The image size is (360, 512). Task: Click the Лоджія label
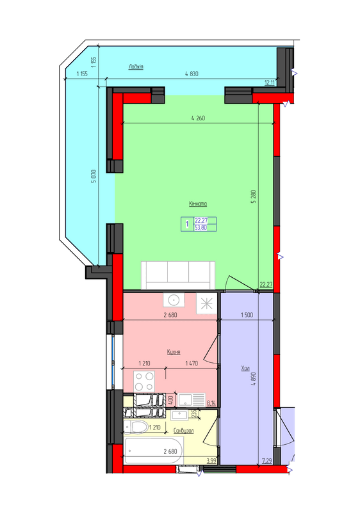[x=135, y=67]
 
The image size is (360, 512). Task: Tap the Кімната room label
[x=197, y=204]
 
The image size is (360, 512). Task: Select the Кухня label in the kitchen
[x=173, y=352]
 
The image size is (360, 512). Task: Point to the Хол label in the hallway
[x=245, y=369]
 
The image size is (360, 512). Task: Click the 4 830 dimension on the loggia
[x=192, y=74]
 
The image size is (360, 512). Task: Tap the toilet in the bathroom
[x=137, y=426]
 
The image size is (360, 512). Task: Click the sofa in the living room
[x=177, y=273]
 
